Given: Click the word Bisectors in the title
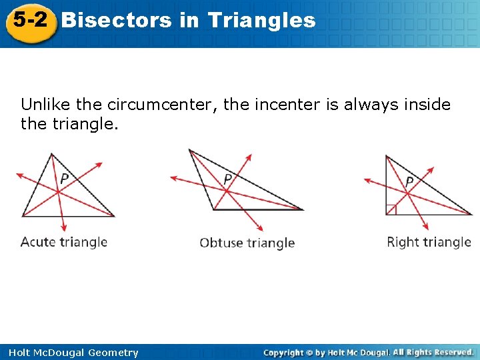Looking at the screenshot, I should pyautogui.click(x=116, y=20).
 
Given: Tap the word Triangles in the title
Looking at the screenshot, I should pyautogui.click(x=261, y=20).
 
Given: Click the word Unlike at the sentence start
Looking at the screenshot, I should pyautogui.click(x=45, y=105).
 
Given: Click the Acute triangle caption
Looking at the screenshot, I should pyautogui.click(x=64, y=241).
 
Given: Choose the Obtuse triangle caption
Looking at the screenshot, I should pyautogui.click(x=247, y=243).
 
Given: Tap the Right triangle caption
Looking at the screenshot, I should pyautogui.click(x=429, y=242).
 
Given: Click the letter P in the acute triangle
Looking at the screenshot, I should pyautogui.click(x=64, y=179).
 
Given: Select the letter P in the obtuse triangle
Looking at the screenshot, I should pyautogui.click(x=228, y=179).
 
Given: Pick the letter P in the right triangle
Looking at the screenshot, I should pyautogui.click(x=409, y=181).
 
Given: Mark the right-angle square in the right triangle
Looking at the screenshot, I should pyautogui.click(x=391, y=210).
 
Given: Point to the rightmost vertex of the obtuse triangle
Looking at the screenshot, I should pyautogui.click(x=302, y=209).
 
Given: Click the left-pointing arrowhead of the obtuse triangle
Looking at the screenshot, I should pyautogui.click(x=173, y=178).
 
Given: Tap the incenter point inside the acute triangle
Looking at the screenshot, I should pyautogui.click(x=58, y=192).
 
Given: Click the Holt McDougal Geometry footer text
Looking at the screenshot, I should pyautogui.click(x=70, y=353).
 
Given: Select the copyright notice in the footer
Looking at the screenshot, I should pyautogui.click(x=368, y=352).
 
